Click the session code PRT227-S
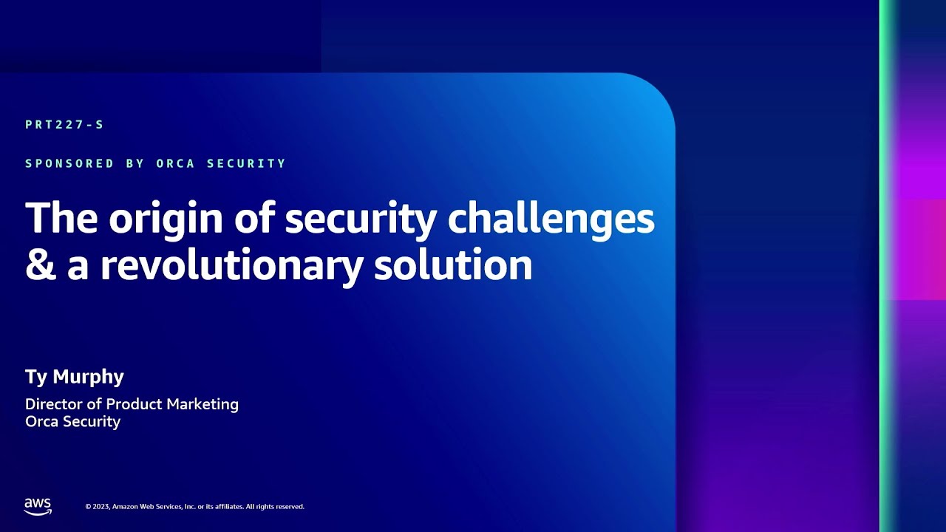click(64, 125)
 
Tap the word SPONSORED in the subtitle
click(69, 163)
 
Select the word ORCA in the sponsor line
click(175, 163)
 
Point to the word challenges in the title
click(551, 219)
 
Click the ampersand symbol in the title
click(41, 265)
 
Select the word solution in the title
click(453, 265)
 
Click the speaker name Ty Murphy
click(75, 377)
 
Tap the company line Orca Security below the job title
click(72, 422)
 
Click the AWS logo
click(38, 506)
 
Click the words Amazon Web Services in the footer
click(148, 507)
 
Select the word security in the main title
click(361, 219)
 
